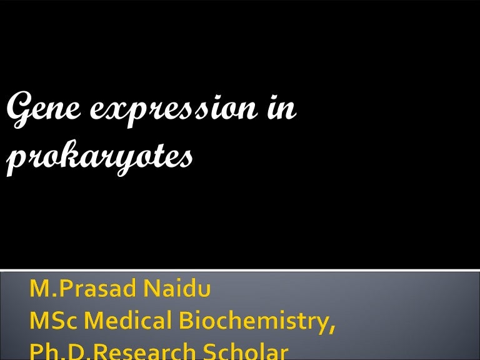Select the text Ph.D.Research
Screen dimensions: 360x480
(106, 351)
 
